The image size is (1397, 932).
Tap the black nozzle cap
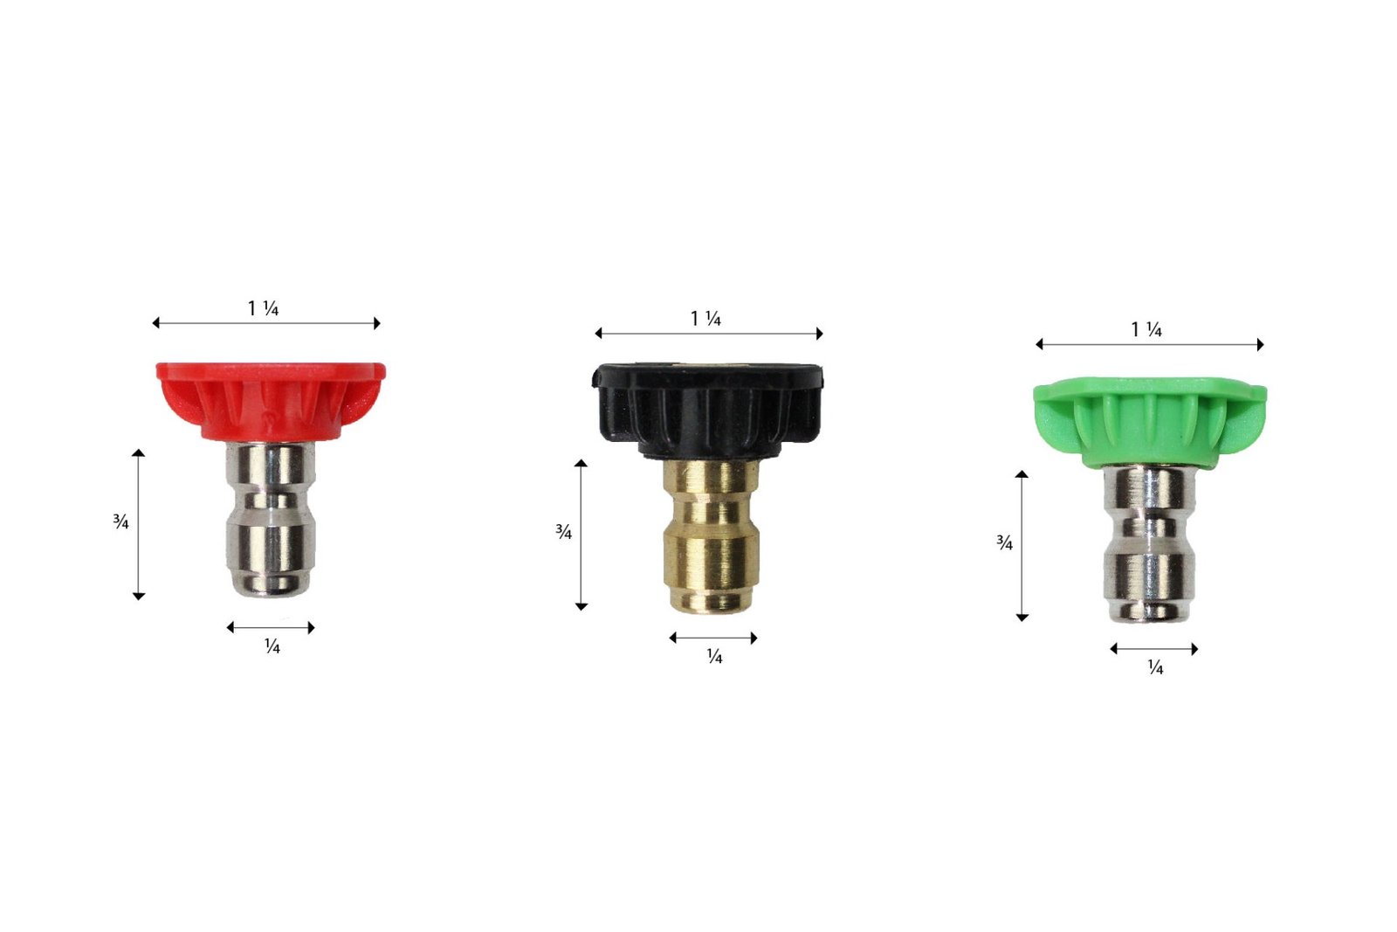pyautogui.click(x=707, y=410)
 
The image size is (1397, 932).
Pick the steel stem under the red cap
pyautogui.click(x=271, y=519)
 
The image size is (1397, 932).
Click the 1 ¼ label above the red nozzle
pyautogui.click(x=263, y=308)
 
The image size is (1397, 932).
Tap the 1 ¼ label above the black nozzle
pyautogui.click(x=705, y=319)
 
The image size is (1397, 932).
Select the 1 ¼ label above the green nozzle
pyautogui.click(x=1146, y=329)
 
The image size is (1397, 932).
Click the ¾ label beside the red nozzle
pyautogui.click(x=120, y=521)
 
